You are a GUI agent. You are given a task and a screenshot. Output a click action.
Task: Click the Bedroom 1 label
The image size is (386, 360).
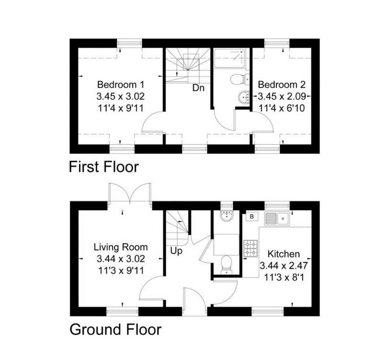120,85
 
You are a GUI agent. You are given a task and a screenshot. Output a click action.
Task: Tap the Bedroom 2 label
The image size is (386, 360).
282,85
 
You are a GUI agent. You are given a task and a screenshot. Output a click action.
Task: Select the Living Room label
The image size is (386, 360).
121,247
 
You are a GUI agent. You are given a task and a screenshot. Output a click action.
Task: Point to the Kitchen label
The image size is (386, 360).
284,254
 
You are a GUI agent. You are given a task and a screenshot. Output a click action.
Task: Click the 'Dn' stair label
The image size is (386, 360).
198,88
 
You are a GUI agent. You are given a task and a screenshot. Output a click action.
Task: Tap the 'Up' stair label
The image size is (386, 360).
176,251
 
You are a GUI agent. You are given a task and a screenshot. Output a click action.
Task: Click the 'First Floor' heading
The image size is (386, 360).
104,167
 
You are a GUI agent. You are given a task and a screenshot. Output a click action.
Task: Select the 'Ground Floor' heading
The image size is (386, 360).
115,329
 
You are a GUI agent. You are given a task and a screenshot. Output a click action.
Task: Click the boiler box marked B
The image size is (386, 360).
252,216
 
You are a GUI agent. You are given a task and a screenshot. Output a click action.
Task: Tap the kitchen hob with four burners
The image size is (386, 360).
250,248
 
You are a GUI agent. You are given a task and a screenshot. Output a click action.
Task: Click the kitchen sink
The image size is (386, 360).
277,218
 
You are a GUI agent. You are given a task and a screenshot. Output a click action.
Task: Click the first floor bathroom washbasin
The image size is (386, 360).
244,97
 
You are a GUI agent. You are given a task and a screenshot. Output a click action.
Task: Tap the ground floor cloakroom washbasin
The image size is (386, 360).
226,215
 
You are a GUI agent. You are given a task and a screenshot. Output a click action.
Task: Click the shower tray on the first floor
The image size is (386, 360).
230,58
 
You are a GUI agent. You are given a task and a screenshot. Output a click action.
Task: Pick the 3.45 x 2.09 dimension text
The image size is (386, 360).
282,96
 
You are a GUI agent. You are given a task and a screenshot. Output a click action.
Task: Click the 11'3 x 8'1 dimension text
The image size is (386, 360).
284,278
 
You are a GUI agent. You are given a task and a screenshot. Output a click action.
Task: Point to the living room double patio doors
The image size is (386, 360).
130,193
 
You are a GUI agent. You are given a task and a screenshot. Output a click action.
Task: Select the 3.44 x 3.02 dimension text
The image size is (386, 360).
121,259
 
